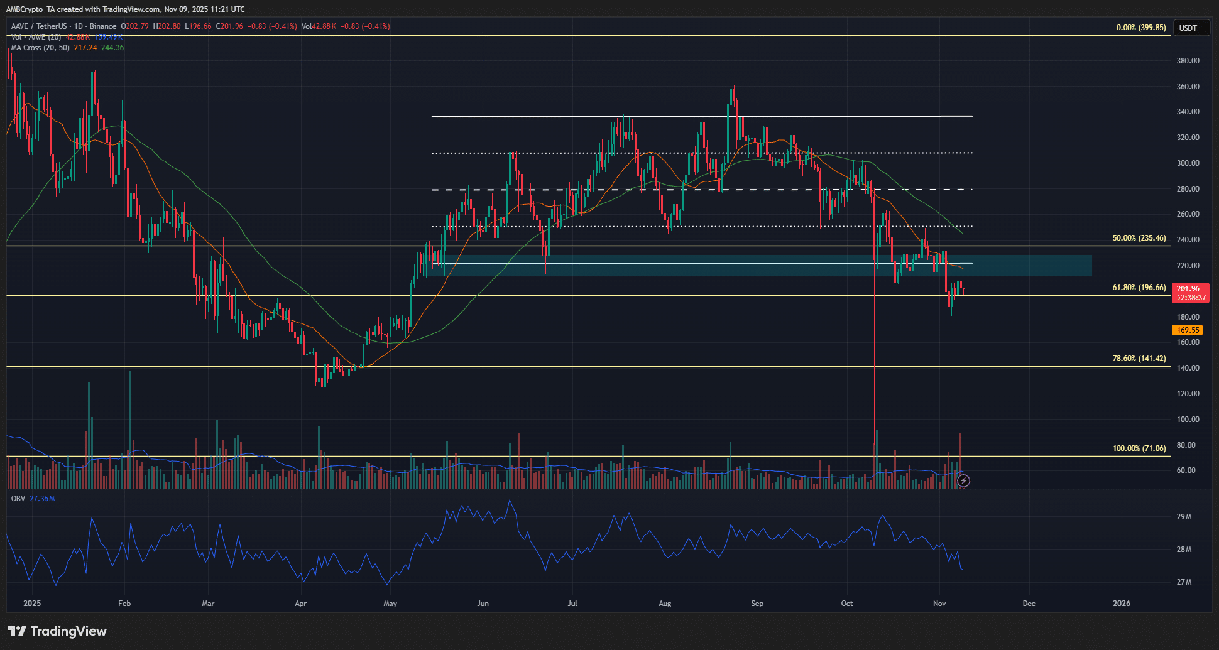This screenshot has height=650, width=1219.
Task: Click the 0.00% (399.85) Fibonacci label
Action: [1140, 28]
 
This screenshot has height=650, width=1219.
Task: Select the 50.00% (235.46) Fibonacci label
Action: [1139, 238]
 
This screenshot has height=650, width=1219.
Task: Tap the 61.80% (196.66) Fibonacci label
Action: [1139, 288]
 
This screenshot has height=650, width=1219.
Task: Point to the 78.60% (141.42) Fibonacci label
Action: [1139, 359]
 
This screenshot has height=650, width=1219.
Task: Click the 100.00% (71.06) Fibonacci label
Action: [1139, 448]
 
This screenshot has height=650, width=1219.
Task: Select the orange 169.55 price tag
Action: [1188, 330]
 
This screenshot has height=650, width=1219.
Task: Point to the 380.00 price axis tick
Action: [1188, 61]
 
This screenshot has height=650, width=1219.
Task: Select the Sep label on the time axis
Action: [757, 604]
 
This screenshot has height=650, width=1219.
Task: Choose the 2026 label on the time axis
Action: [1121, 604]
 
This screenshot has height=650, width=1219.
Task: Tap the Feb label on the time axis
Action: [124, 604]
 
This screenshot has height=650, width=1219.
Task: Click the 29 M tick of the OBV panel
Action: [1184, 517]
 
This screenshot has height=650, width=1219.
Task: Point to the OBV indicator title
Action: [18, 499]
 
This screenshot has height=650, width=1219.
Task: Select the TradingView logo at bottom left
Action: [57, 631]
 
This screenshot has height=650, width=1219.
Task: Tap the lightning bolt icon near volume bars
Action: [963, 481]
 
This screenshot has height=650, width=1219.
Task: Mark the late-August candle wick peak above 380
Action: [731, 55]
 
